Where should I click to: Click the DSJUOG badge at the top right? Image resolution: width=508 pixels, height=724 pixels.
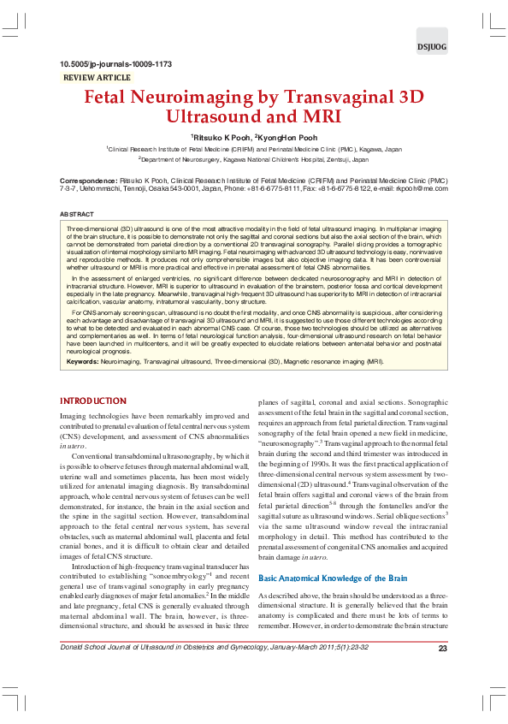(431, 47)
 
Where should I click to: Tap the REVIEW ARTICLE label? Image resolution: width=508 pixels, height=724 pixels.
(97, 78)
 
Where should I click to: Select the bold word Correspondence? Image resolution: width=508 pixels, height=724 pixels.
(88, 181)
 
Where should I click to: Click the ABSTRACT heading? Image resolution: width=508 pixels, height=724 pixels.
(77, 213)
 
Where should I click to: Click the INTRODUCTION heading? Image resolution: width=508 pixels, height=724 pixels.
(93, 401)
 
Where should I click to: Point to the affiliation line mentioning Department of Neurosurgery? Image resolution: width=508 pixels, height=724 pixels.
(253, 159)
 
